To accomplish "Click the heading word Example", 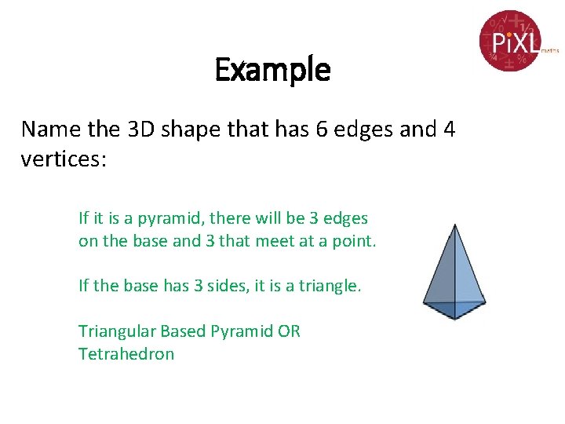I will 272,71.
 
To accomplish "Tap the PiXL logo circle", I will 512,40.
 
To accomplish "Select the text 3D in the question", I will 138,129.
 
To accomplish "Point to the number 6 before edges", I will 323,129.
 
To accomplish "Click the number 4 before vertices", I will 448,129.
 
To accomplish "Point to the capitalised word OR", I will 289,331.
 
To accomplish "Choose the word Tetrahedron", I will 126,354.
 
